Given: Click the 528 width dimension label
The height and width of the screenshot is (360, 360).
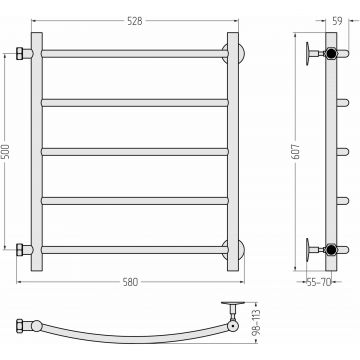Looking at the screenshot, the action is tap(135, 21).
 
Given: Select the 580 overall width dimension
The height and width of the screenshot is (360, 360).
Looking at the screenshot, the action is tap(130, 282).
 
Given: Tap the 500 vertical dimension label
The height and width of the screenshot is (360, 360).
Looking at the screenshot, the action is tap(5, 152).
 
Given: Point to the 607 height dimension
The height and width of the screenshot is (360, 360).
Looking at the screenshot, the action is tap(297, 152).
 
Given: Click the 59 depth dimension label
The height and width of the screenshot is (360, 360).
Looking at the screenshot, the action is tap(337, 21).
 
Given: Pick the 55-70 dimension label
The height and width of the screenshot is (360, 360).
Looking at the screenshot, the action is tap(319, 283).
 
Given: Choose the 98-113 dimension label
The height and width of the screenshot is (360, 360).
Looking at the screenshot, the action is tap(257, 322).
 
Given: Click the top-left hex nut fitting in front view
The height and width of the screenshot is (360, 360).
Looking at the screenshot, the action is tap(20, 54).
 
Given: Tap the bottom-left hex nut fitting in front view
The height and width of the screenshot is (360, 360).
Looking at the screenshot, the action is tap(20, 250).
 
